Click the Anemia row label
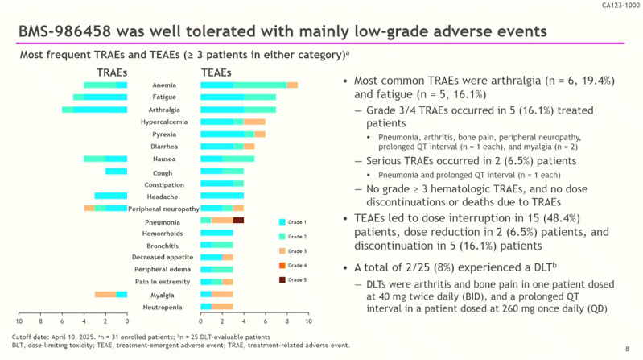[164, 85]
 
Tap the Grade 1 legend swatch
[282, 221]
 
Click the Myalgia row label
[164, 295]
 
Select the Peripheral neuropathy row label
[164, 209]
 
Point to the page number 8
[627, 348]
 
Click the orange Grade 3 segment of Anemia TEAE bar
[292, 85]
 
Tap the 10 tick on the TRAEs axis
[19, 322]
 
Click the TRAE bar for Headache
[111, 196]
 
